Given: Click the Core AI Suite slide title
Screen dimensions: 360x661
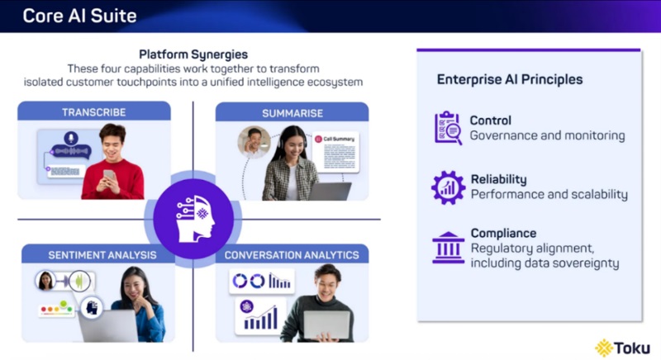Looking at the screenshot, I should (79, 16).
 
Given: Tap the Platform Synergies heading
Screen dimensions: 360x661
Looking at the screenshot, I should (193, 54).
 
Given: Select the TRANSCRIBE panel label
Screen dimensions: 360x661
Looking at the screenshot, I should (93, 112).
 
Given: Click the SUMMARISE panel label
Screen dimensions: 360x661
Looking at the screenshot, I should (292, 112).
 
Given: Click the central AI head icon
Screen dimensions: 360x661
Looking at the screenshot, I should (193, 218).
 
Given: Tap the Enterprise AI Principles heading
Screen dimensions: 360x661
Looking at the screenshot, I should (510, 80).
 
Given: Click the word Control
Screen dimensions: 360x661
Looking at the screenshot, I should (490, 121).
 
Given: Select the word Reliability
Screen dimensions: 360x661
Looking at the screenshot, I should (498, 179).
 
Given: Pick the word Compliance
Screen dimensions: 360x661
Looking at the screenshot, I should (503, 233).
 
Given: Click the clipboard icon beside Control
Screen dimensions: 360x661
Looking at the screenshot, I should (448, 128).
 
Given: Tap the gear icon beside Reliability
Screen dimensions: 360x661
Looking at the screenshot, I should (448, 187).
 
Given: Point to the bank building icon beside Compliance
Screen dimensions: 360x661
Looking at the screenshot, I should (448, 247).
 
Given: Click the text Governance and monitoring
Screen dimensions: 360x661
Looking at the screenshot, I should (547, 135).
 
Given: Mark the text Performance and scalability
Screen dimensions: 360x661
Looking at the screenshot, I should (549, 195).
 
